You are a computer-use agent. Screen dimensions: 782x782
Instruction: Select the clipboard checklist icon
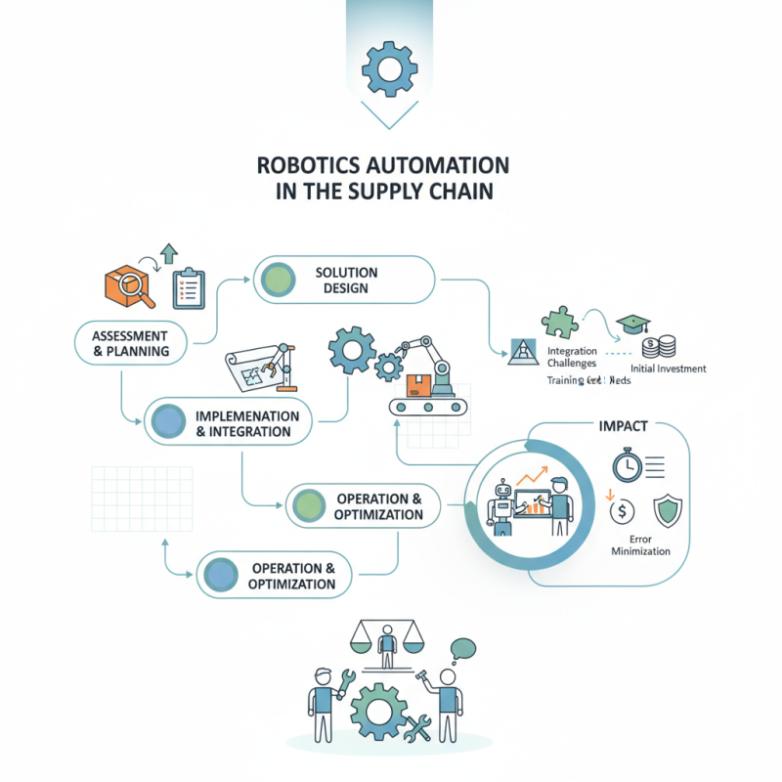(188, 288)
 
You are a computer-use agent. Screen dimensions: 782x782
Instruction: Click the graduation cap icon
(631, 324)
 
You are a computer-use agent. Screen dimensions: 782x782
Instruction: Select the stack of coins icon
(658, 346)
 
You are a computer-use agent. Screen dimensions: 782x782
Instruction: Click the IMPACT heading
(622, 427)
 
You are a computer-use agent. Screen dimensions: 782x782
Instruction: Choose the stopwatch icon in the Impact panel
(625, 464)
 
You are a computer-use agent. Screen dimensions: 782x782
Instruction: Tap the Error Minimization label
(640, 544)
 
